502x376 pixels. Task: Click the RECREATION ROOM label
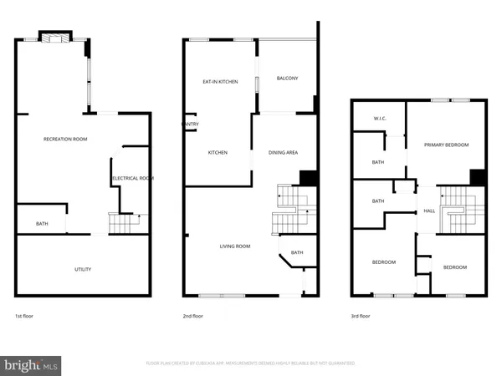pos(65,139)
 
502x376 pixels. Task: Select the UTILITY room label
pos(82,269)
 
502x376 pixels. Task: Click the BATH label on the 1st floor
pos(42,224)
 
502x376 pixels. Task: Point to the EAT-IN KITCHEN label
pos(221,82)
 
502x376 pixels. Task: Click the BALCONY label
pos(287,79)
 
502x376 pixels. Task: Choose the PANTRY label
pos(190,124)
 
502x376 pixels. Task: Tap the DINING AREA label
pos(283,153)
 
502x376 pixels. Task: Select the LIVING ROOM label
pos(235,246)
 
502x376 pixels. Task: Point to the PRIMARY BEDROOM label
pos(446,145)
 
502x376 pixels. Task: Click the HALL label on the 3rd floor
pos(428,211)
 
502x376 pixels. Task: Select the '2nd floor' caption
pos(192,317)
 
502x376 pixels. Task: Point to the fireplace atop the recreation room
pos(57,38)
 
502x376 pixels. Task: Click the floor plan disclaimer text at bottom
pos(250,363)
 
